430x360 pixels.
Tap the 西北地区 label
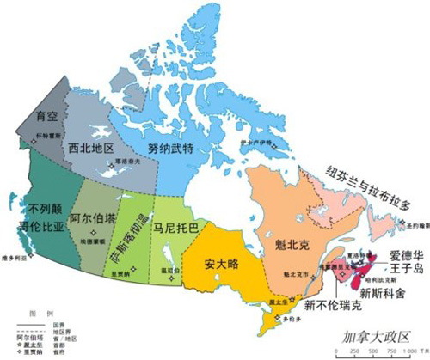pyautogui.click(x=90, y=148)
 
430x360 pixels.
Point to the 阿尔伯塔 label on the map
pyautogui.click(x=92, y=217)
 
